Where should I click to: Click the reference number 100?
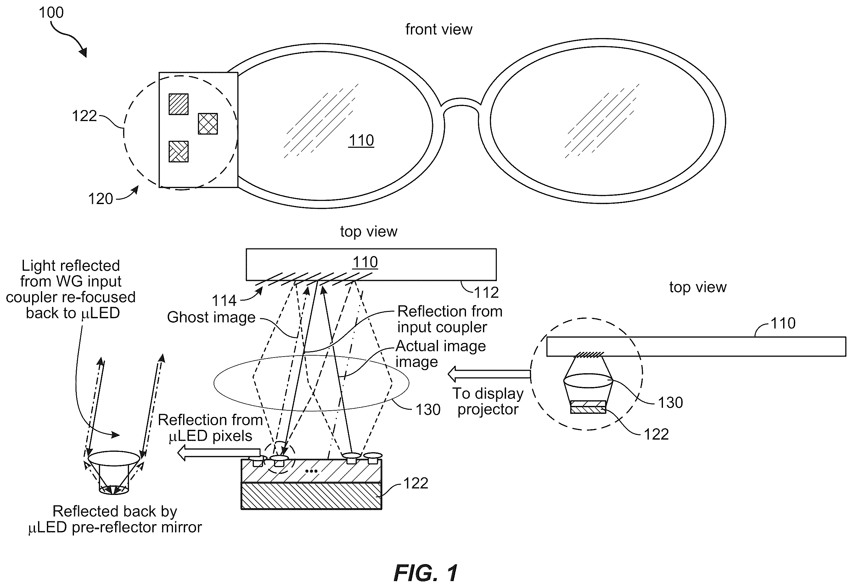coord(51,13)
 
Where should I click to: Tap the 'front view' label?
coord(439,30)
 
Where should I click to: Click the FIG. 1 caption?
coord(426,573)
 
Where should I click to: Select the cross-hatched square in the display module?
coord(208,124)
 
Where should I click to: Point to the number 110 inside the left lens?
coord(361,140)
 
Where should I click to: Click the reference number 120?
coord(100,199)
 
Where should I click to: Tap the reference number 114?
coord(224,301)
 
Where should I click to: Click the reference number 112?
coord(486,292)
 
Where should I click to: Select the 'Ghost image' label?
coord(211,317)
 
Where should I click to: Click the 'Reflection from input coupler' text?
coord(450,319)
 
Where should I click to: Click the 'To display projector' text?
coord(488,401)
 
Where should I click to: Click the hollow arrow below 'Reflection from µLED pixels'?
coord(219,453)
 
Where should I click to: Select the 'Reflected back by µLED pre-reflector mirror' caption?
coord(115,519)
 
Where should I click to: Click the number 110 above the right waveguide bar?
coord(783,324)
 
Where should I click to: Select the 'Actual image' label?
coord(441,346)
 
